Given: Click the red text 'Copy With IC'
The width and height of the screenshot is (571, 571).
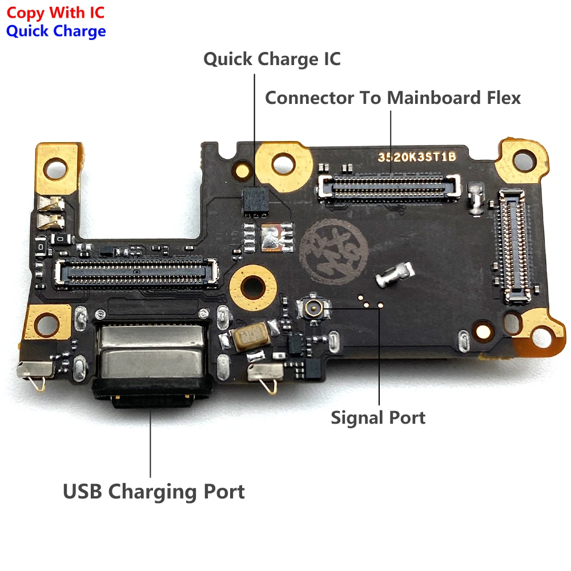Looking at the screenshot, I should [x=55, y=11].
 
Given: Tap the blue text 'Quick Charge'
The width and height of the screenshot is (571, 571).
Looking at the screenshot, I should [x=55, y=31].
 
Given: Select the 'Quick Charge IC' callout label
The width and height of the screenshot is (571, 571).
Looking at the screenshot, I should [x=272, y=59].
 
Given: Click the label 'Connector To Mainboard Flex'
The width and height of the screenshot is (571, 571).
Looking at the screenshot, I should [x=393, y=98].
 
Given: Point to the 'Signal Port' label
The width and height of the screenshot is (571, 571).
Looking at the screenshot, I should [x=378, y=417].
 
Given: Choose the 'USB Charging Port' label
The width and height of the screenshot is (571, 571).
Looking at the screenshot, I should [x=154, y=491].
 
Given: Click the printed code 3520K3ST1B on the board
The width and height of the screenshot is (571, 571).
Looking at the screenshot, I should [x=416, y=158].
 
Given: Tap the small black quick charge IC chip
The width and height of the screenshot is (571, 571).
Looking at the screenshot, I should [x=255, y=202].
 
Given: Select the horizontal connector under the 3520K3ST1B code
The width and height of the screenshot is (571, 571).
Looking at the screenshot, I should [x=389, y=187].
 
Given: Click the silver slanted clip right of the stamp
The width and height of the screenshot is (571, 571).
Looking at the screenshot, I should [x=395, y=274].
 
